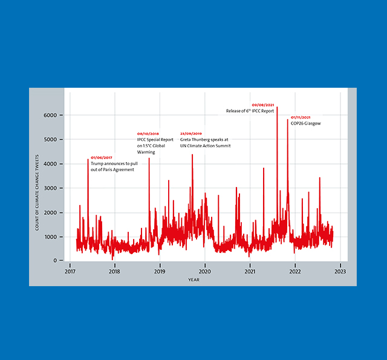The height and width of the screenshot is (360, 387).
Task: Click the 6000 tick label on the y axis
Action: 50,115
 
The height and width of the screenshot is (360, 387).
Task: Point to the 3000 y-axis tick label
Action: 50,188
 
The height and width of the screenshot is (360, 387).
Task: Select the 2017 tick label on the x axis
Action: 70,272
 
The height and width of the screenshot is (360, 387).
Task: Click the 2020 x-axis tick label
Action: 205,272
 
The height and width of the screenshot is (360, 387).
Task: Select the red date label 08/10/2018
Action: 148,134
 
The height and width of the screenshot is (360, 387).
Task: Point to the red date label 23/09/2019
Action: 191,134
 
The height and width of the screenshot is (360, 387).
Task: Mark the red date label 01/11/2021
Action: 301,117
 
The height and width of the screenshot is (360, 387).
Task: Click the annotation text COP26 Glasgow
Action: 305,123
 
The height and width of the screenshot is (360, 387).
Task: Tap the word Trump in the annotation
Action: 97,164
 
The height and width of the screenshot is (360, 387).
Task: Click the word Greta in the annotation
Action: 186,140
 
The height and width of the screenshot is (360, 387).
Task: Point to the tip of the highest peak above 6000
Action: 277,107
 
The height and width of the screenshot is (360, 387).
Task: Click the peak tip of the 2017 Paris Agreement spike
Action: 88,159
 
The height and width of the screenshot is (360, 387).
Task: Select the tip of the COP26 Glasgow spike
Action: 288,120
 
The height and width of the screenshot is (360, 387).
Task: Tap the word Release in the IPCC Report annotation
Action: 235,111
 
